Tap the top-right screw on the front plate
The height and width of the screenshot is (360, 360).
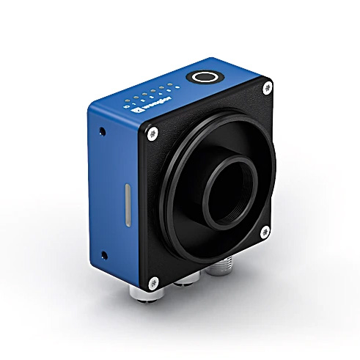266,88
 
